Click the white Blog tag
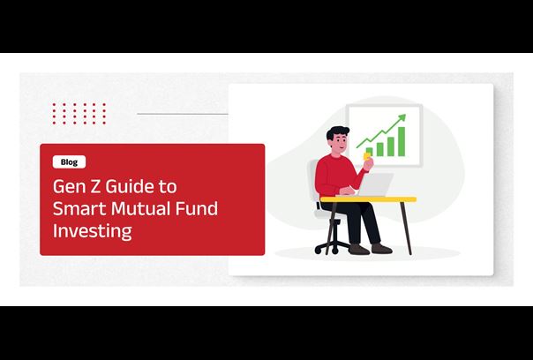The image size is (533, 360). pos(69,161)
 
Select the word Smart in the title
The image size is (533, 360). pos(79,208)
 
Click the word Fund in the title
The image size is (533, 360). pos(197,208)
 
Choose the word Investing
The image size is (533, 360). pos(92,231)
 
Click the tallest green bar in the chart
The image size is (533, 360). pos(402,141)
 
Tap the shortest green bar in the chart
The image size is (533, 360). pos(370,152)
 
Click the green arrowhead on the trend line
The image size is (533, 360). pos(402,117)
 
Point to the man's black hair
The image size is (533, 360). pos(337,132)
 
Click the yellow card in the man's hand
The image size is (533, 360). pos(366,156)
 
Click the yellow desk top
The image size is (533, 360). pos(368,199)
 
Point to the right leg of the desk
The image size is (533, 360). pos(406,229)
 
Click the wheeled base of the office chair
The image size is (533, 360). pos(333,247)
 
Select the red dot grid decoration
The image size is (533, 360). pos(79,114)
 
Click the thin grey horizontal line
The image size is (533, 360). pos(183,114)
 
